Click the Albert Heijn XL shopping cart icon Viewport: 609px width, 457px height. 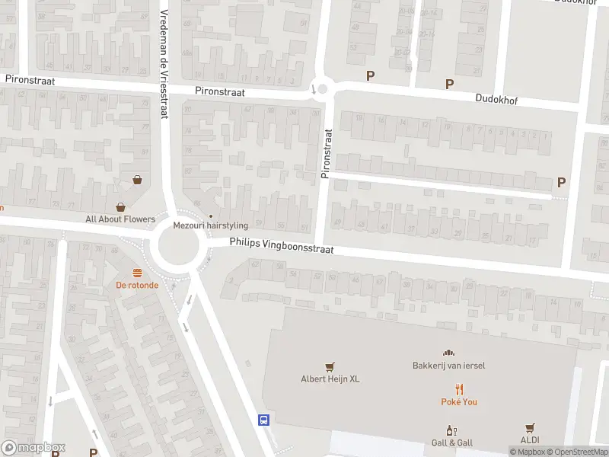click(x=330, y=366)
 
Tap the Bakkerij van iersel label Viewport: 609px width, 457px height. click(x=448, y=365)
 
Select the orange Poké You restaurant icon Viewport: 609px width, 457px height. click(x=459, y=388)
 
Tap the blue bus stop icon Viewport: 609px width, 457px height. click(x=263, y=420)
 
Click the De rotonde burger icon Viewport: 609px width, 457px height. click(x=137, y=273)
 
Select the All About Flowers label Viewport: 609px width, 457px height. click(x=120, y=219)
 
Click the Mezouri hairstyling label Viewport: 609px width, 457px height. click(x=211, y=225)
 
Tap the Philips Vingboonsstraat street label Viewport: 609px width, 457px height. click(x=282, y=246)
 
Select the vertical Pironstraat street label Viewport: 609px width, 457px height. click(x=327, y=154)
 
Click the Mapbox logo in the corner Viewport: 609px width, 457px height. click(x=33, y=448)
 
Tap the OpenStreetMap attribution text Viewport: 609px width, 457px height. click(x=576, y=452)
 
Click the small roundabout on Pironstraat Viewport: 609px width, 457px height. click(x=322, y=89)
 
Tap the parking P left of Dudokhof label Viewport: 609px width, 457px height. click(x=449, y=84)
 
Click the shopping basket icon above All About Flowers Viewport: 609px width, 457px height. click(x=138, y=180)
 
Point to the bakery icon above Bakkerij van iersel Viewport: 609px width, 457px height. click(x=448, y=353)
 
